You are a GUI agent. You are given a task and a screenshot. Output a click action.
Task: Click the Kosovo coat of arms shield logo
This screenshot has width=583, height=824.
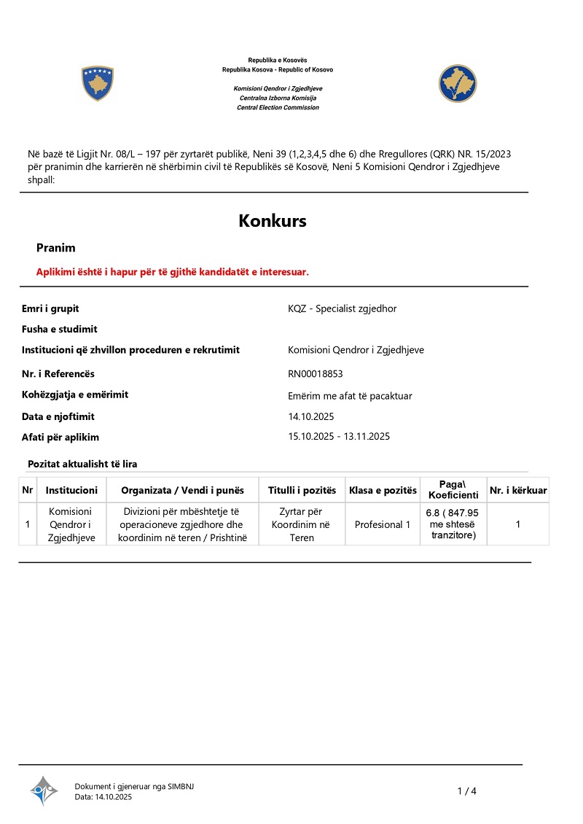pyautogui.click(x=97, y=83)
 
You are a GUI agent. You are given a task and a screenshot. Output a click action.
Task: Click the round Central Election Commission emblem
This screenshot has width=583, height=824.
pyautogui.click(x=457, y=83)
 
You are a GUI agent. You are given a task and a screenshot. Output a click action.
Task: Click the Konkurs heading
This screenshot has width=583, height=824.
pyautogui.click(x=273, y=221)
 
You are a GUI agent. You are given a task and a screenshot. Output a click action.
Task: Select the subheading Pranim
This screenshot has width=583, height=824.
pyautogui.click(x=56, y=248)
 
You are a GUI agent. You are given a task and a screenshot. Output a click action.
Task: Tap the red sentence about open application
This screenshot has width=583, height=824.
pyautogui.click(x=173, y=271)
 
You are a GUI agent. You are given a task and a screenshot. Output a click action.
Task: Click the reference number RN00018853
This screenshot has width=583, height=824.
pyautogui.click(x=316, y=374)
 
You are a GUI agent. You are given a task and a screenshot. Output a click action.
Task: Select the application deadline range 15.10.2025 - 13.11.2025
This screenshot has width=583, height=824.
pyautogui.click(x=340, y=437)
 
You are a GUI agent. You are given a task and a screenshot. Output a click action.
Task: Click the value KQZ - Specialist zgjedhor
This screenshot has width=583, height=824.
pyautogui.click(x=343, y=308)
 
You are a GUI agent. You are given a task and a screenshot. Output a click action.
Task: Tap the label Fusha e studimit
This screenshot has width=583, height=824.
pyautogui.click(x=60, y=329)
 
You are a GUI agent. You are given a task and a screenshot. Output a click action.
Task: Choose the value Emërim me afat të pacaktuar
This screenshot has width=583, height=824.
pyautogui.click(x=351, y=396)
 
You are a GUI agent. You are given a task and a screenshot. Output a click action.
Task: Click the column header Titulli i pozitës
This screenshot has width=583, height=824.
pyautogui.click(x=302, y=490)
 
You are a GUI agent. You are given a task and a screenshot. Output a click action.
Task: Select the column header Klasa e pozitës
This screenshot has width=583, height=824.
pyautogui.click(x=383, y=490)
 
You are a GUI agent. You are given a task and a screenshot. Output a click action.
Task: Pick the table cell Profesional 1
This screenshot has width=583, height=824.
pyautogui.click(x=383, y=524)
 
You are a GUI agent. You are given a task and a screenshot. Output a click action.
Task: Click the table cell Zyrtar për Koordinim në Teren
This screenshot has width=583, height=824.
pyautogui.click(x=302, y=524)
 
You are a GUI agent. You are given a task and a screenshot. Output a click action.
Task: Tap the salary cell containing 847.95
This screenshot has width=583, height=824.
pyautogui.click(x=452, y=524)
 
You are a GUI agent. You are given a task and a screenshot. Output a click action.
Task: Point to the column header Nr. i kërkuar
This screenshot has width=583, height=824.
pyautogui.click(x=518, y=490)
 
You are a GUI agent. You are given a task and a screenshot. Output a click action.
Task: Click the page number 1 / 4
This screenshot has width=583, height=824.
pyautogui.click(x=467, y=791)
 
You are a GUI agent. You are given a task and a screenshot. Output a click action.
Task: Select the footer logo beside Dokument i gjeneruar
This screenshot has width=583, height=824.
pyautogui.click(x=44, y=790)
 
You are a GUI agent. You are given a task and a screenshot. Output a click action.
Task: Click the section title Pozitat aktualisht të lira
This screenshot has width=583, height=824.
pyautogui.click(x=82, y=464)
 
